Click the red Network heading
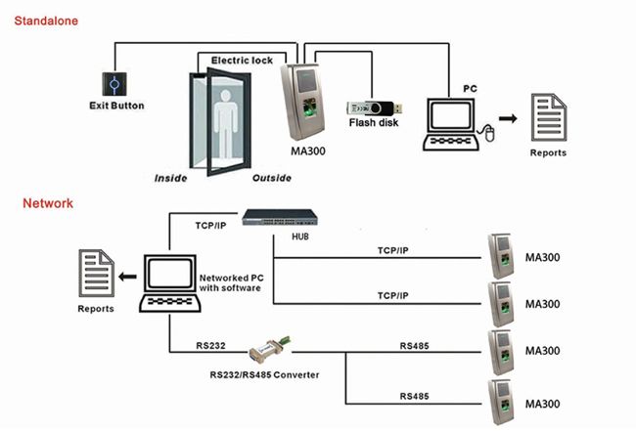48,203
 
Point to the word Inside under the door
171,178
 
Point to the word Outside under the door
271,178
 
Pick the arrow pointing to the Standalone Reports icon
508,119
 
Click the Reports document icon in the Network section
95,275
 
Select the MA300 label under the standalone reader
310,151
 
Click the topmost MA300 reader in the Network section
500,253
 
